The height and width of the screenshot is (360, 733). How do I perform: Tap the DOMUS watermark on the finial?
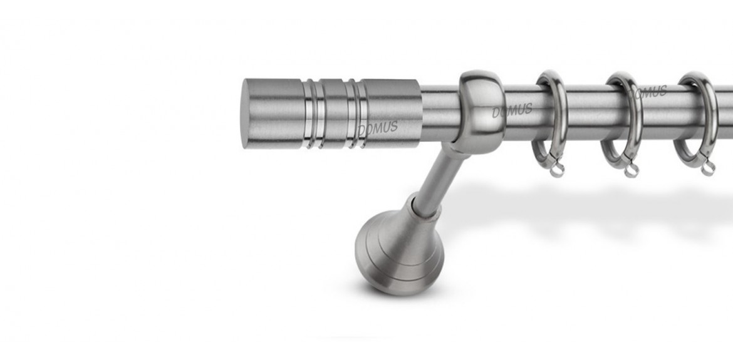pos(378,128)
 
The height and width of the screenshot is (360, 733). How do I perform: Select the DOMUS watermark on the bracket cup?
pos(512,111)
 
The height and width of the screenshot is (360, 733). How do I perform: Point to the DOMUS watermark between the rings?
pos(647,93)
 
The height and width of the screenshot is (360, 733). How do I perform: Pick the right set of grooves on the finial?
pos(355,115)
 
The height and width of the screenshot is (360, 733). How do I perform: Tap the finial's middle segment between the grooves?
pos(335,115)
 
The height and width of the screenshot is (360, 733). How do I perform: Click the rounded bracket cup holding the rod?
pos(482,112)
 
